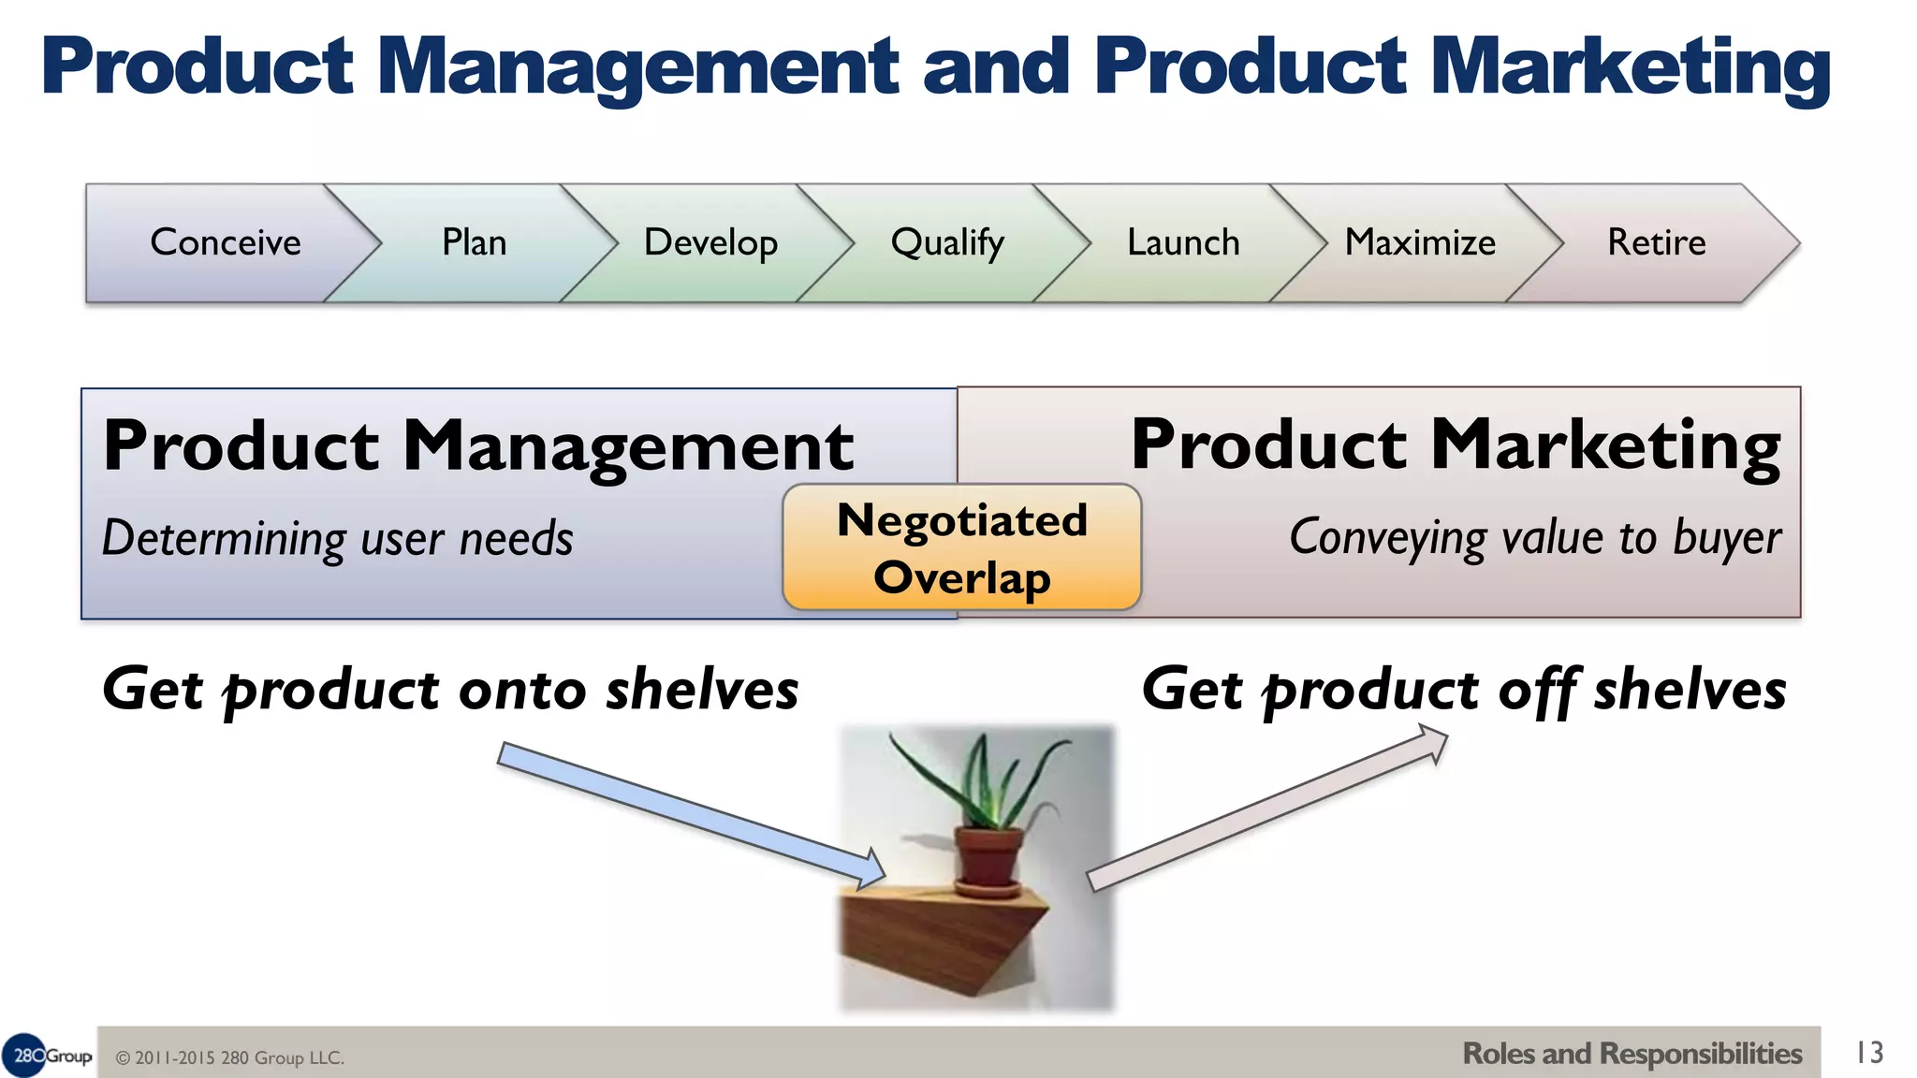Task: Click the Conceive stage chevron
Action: tap(225, 242)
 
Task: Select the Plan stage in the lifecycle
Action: tap(474, 242)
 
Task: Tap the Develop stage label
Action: tap(710, 242)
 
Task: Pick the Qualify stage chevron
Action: tap(947, 242)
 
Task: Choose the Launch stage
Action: tap(1183, 242)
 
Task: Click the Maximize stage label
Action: tap(1420, 242)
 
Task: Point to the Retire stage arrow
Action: tap(1657, 242)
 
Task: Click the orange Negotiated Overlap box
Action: tap(962, 547)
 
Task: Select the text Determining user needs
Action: tap(337, 539)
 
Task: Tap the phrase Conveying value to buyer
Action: tap(1535, 538)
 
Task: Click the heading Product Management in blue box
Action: tap(477, 445)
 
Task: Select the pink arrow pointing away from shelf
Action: tap(1268, 809)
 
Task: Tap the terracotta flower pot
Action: tap(988, 856)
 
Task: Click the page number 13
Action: tap(1869, 1053)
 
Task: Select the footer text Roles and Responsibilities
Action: tap(1632, 1054)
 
